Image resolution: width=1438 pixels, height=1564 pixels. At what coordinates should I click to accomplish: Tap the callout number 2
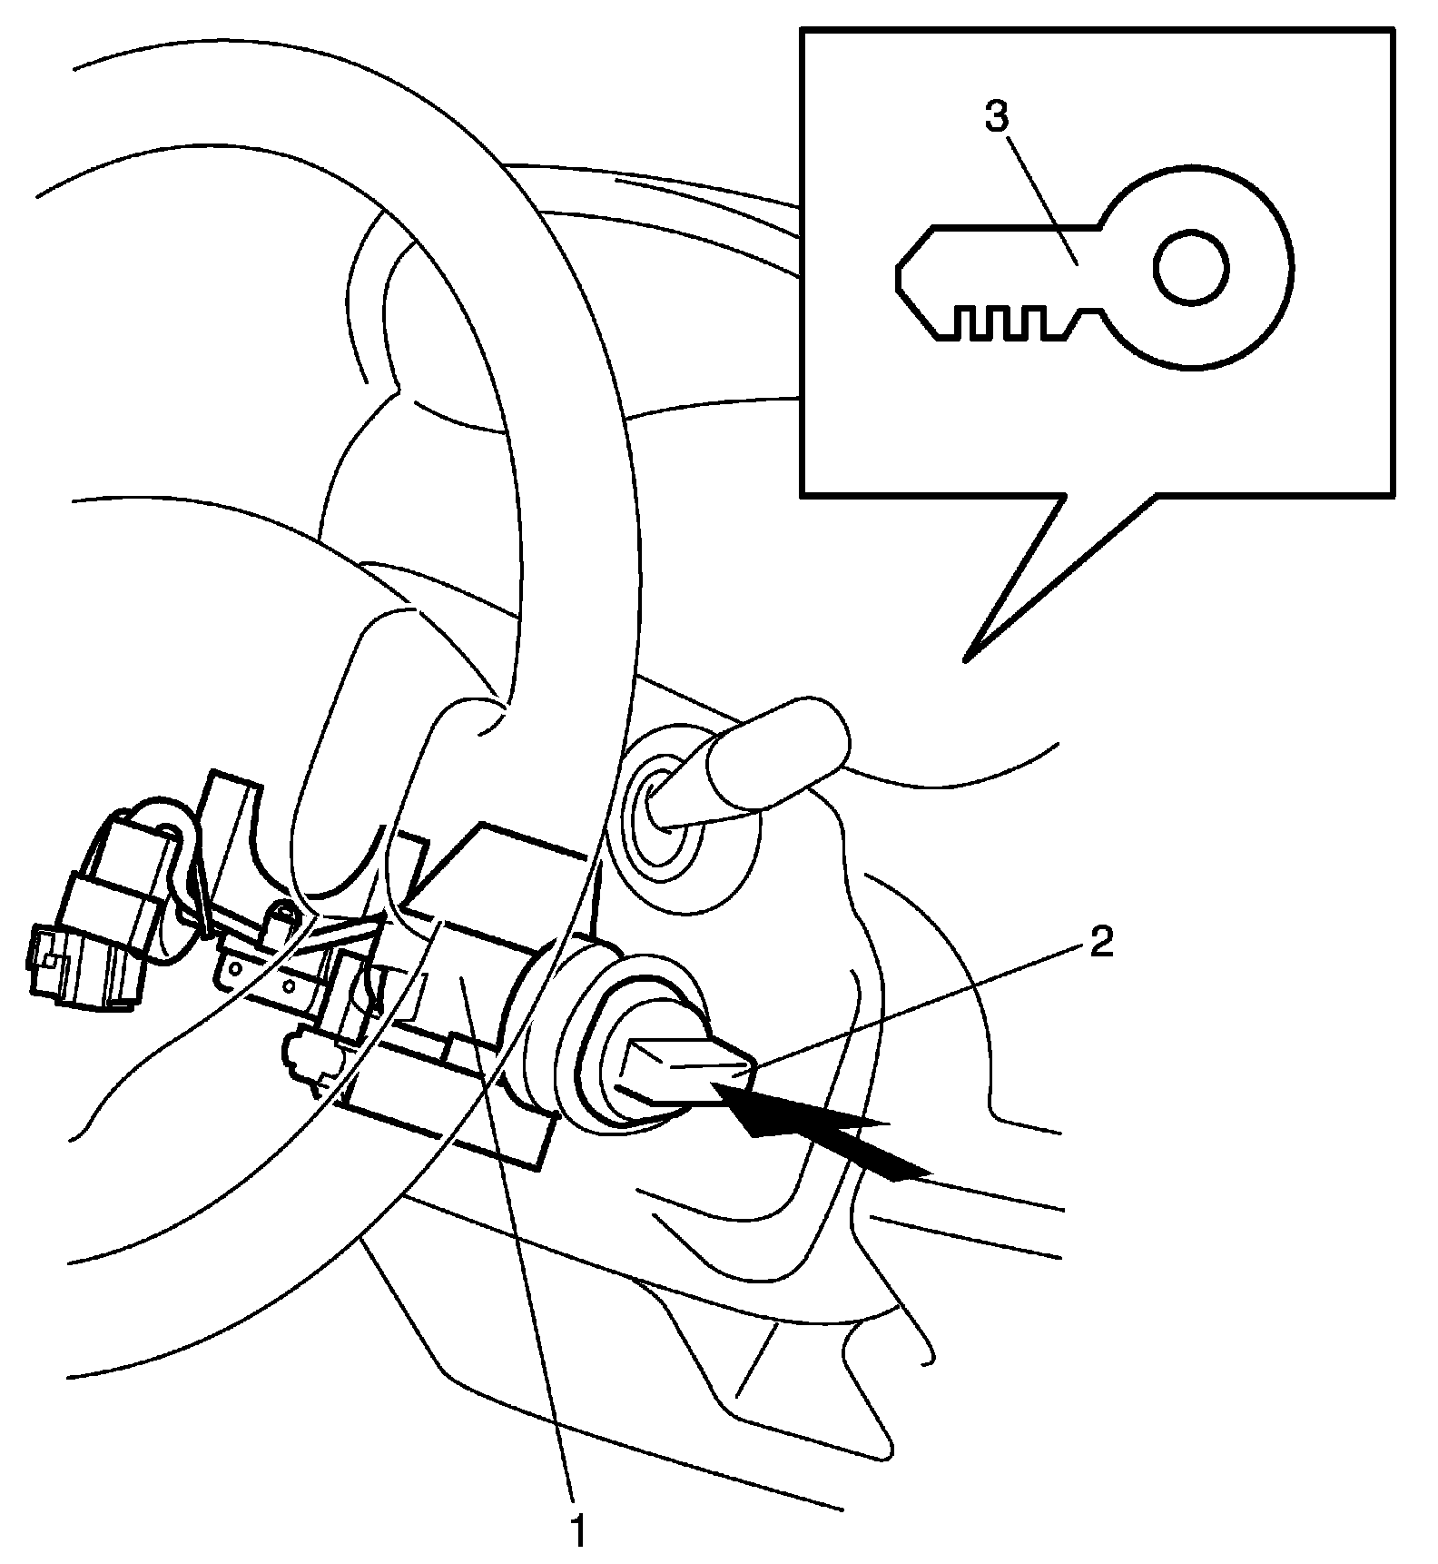(1099, 944)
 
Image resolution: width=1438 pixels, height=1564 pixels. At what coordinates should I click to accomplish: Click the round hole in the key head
(1191, 268)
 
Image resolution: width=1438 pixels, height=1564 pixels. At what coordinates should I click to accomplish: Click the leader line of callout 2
(917, 1004)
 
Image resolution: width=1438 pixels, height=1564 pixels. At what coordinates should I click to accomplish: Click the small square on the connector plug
(52, 963)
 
